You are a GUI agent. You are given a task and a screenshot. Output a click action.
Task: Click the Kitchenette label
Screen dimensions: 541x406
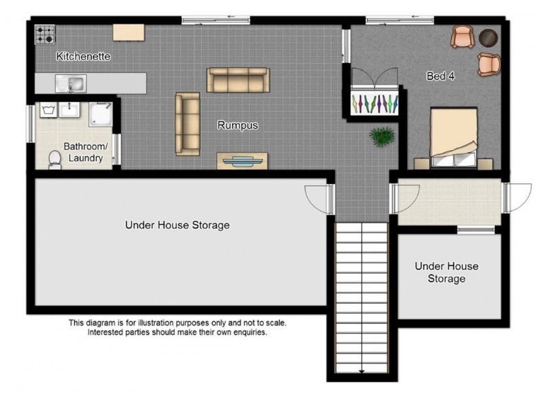(83, 56)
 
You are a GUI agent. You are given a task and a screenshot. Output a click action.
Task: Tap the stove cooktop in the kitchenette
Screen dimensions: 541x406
(45, 35)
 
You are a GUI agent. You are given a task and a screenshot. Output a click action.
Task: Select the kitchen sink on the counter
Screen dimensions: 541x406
(71, 83)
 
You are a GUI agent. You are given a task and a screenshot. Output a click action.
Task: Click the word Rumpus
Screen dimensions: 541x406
(238, 125)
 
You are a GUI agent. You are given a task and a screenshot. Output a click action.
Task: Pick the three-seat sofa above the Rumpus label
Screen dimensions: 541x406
(238, 80)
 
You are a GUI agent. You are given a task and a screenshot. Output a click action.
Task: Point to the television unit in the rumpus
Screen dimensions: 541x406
(242, 161)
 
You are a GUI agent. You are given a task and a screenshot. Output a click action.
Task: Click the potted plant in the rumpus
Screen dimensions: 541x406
(381, 137)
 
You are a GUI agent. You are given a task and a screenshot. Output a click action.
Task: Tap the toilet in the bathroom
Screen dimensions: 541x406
(55, 160)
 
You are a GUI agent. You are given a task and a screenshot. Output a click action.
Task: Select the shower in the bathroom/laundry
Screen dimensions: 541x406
(101, 114)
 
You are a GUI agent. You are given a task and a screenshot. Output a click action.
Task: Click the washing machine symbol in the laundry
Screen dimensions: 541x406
(48, 110)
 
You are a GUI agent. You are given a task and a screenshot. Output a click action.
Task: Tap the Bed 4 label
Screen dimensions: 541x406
(441, 76)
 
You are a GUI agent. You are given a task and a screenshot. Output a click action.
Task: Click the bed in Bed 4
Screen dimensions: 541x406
(454, 138)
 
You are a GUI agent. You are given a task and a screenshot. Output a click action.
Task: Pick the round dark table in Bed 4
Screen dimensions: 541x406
(488, 38)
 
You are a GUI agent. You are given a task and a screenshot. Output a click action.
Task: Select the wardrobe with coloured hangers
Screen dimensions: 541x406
(375, 103)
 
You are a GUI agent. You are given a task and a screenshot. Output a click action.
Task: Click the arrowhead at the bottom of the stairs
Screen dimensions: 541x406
(362, 371)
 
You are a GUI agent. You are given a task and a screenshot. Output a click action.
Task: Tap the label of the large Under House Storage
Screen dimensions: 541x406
(177, 225)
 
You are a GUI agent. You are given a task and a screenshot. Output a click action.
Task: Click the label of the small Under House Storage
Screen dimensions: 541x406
(446, 272)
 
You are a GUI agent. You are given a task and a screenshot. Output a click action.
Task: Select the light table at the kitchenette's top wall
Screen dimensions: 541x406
(128, 32)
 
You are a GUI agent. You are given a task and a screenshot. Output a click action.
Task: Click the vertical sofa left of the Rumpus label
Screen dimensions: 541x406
(188, 124)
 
